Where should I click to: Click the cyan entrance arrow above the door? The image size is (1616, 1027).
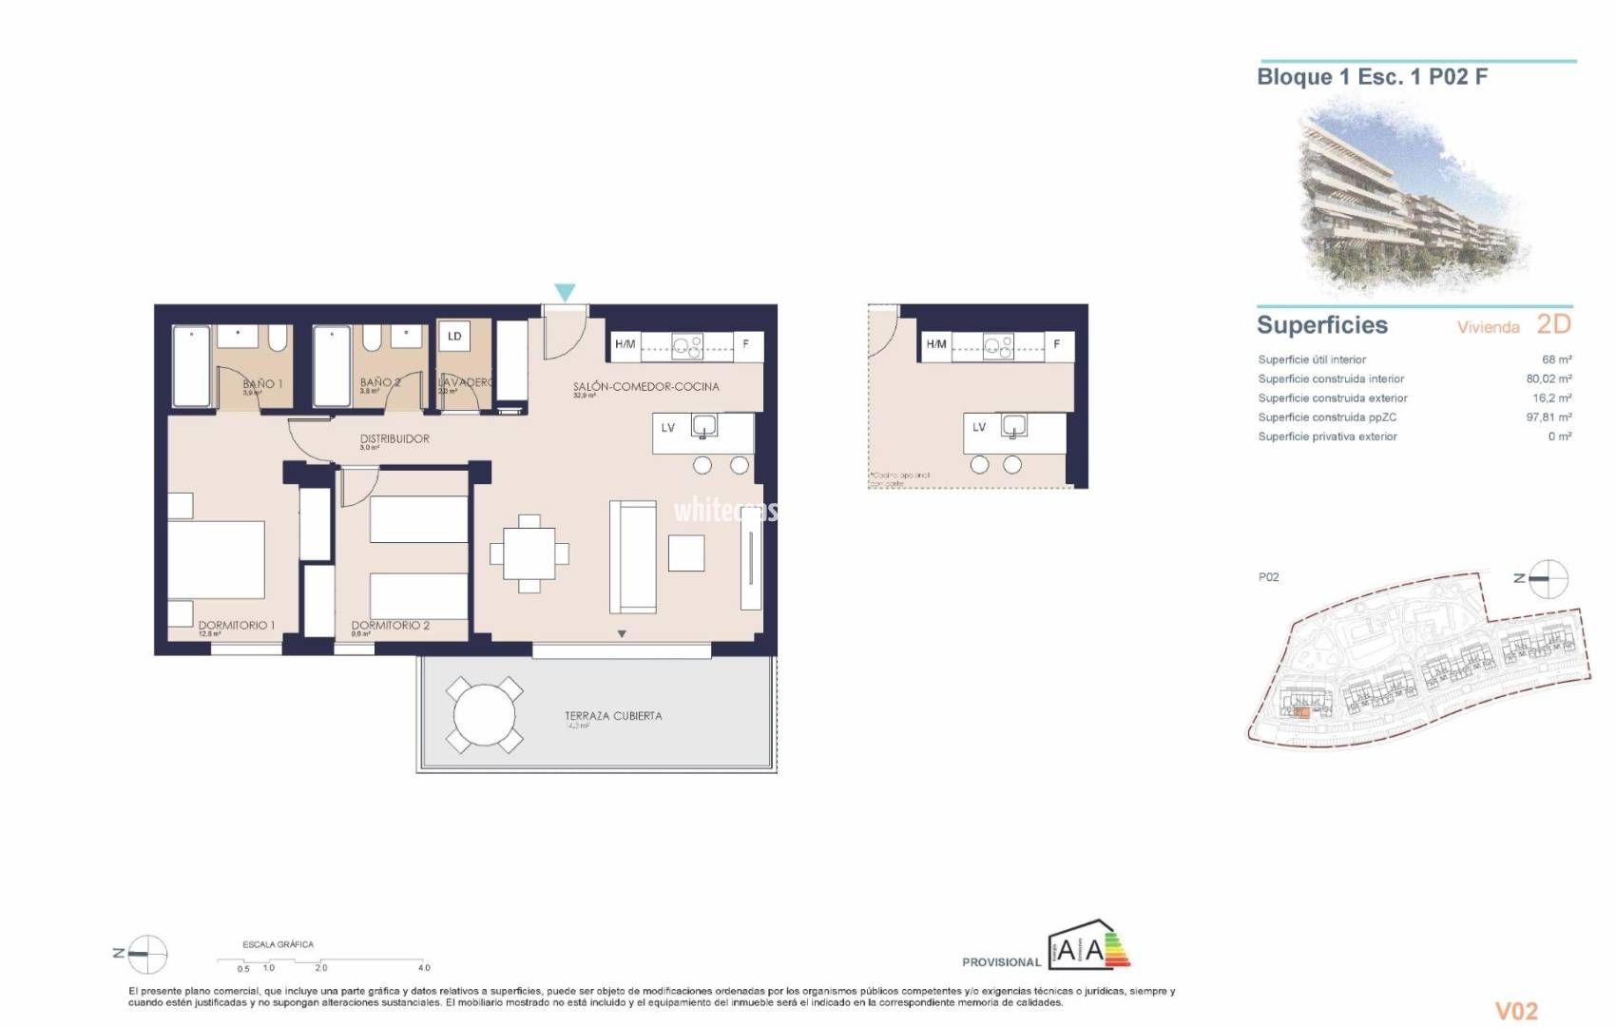point(565,292)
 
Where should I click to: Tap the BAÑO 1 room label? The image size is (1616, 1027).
point(262,383)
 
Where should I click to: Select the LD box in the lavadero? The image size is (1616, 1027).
point(454,337)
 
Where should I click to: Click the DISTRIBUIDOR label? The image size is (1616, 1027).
point(394,438)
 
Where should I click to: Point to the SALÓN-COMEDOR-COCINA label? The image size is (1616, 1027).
point(645,386)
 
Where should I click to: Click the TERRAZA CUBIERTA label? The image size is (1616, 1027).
point(613,715)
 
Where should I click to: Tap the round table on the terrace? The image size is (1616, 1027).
point(484,715)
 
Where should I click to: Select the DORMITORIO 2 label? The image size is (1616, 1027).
point(390,625)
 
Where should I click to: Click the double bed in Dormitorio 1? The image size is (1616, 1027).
point(216,560)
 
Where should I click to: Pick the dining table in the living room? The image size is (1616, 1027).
point(529,553)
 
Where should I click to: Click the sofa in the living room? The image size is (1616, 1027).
point(633,557)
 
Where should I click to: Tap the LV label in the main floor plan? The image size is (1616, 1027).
point(668,428)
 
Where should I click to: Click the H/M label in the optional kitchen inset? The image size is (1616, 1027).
point(936,344)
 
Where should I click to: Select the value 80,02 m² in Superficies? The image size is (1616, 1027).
point(1549,378)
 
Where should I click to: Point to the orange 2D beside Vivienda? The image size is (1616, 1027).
point(1553,324)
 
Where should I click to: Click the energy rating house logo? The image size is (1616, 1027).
point(1089,945)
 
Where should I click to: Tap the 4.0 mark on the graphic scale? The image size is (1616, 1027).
point(424,967)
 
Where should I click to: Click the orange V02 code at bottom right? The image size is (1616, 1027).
point(1516,1010)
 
